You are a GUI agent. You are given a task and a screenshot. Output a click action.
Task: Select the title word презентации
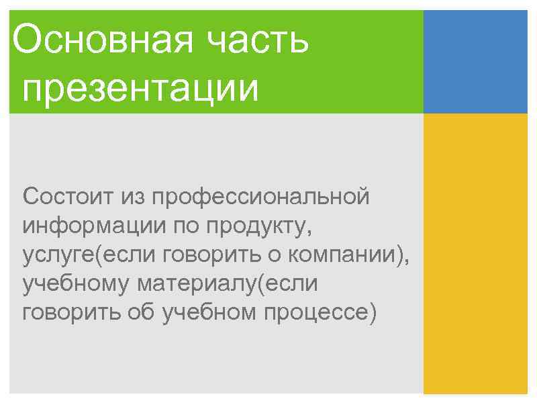[x=140, y=89]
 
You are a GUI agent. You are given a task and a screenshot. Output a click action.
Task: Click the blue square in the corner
[x=475, y=62]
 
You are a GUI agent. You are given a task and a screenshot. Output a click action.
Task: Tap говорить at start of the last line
[x=69, y=313]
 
